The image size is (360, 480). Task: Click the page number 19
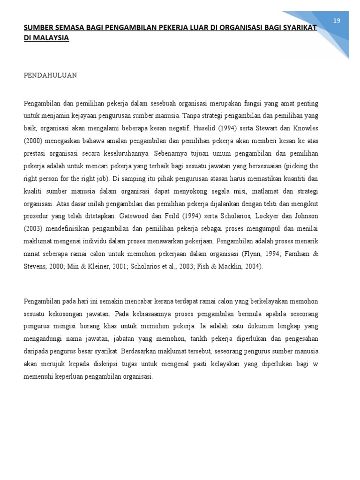coord(336,21)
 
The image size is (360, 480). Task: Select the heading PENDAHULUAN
coord(51,75)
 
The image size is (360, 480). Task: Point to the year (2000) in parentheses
coord(32,140)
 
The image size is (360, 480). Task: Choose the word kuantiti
coord(286,178)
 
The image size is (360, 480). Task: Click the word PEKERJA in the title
coord(182,28)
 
